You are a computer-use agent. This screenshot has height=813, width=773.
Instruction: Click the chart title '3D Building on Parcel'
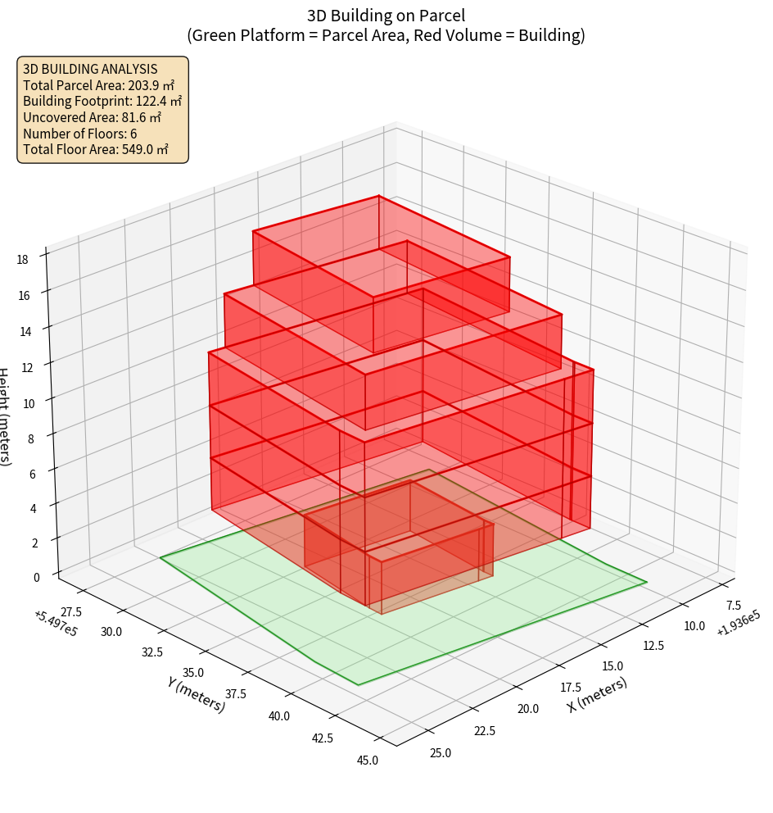pos(386,15)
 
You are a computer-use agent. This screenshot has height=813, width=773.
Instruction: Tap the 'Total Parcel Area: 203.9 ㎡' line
pos(98,85)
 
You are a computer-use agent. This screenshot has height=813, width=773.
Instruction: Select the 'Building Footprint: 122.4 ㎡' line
pos(102,102)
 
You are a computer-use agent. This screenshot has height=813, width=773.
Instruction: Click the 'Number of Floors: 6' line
pos(80,134)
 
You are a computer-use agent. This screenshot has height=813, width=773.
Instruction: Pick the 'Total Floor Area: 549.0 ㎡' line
pos(96,149)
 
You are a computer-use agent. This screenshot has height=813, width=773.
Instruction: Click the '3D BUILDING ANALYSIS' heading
pos(90,70)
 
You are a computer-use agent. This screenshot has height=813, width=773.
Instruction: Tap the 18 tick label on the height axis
pos(22,260)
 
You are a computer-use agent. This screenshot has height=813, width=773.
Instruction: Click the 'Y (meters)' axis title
pos(196,693)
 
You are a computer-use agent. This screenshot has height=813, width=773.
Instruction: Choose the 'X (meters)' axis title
pos(597,695)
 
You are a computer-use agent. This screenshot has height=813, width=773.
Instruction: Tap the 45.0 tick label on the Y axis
pos(368,760)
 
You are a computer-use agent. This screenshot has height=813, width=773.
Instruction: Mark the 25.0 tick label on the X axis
pos(440,752)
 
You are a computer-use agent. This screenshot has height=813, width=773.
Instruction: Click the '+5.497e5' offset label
pos(56,623)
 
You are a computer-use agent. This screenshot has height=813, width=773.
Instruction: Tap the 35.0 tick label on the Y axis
pos(195,672)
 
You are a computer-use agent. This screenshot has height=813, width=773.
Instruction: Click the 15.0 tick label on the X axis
pos(612,666)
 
